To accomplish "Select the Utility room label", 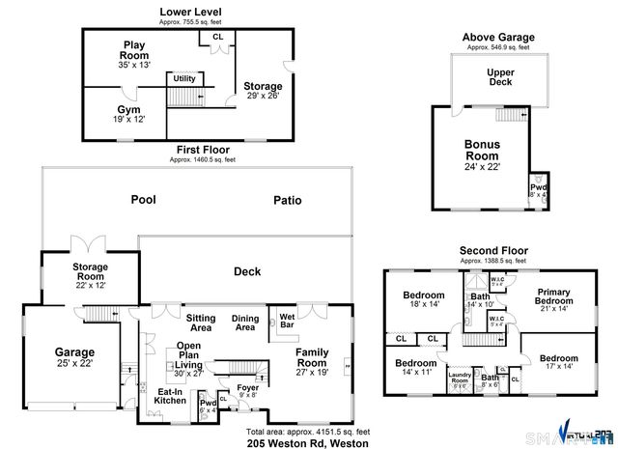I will [x=184, y=78].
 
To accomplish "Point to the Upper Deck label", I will [x=499, y=77].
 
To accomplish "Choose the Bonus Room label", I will [x=482, y=154].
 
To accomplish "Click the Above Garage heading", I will [x=497, y=37].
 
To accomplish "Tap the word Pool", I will [x=144, y=201].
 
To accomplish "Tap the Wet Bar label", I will [x=287, y=319].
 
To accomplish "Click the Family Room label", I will [x=313, y=358].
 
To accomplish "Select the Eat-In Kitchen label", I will [x=170, y=395].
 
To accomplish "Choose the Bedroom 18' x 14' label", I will [x=423, y=299].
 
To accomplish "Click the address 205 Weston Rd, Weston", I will [x=301, y=443].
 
